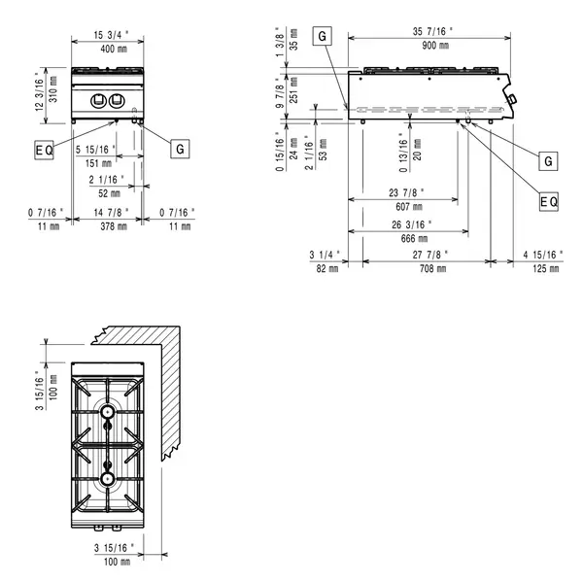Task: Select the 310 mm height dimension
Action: click(53, 92)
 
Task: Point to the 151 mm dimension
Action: click(93, 162)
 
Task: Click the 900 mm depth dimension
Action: click(429, 46)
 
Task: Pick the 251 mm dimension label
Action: click(294, 94)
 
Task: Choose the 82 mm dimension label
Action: click(325, 268)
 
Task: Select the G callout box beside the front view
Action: click(179, 149)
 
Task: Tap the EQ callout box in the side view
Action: click(549, 201)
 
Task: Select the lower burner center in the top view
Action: click(107, 478)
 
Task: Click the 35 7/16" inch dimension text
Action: click(429, 31)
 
